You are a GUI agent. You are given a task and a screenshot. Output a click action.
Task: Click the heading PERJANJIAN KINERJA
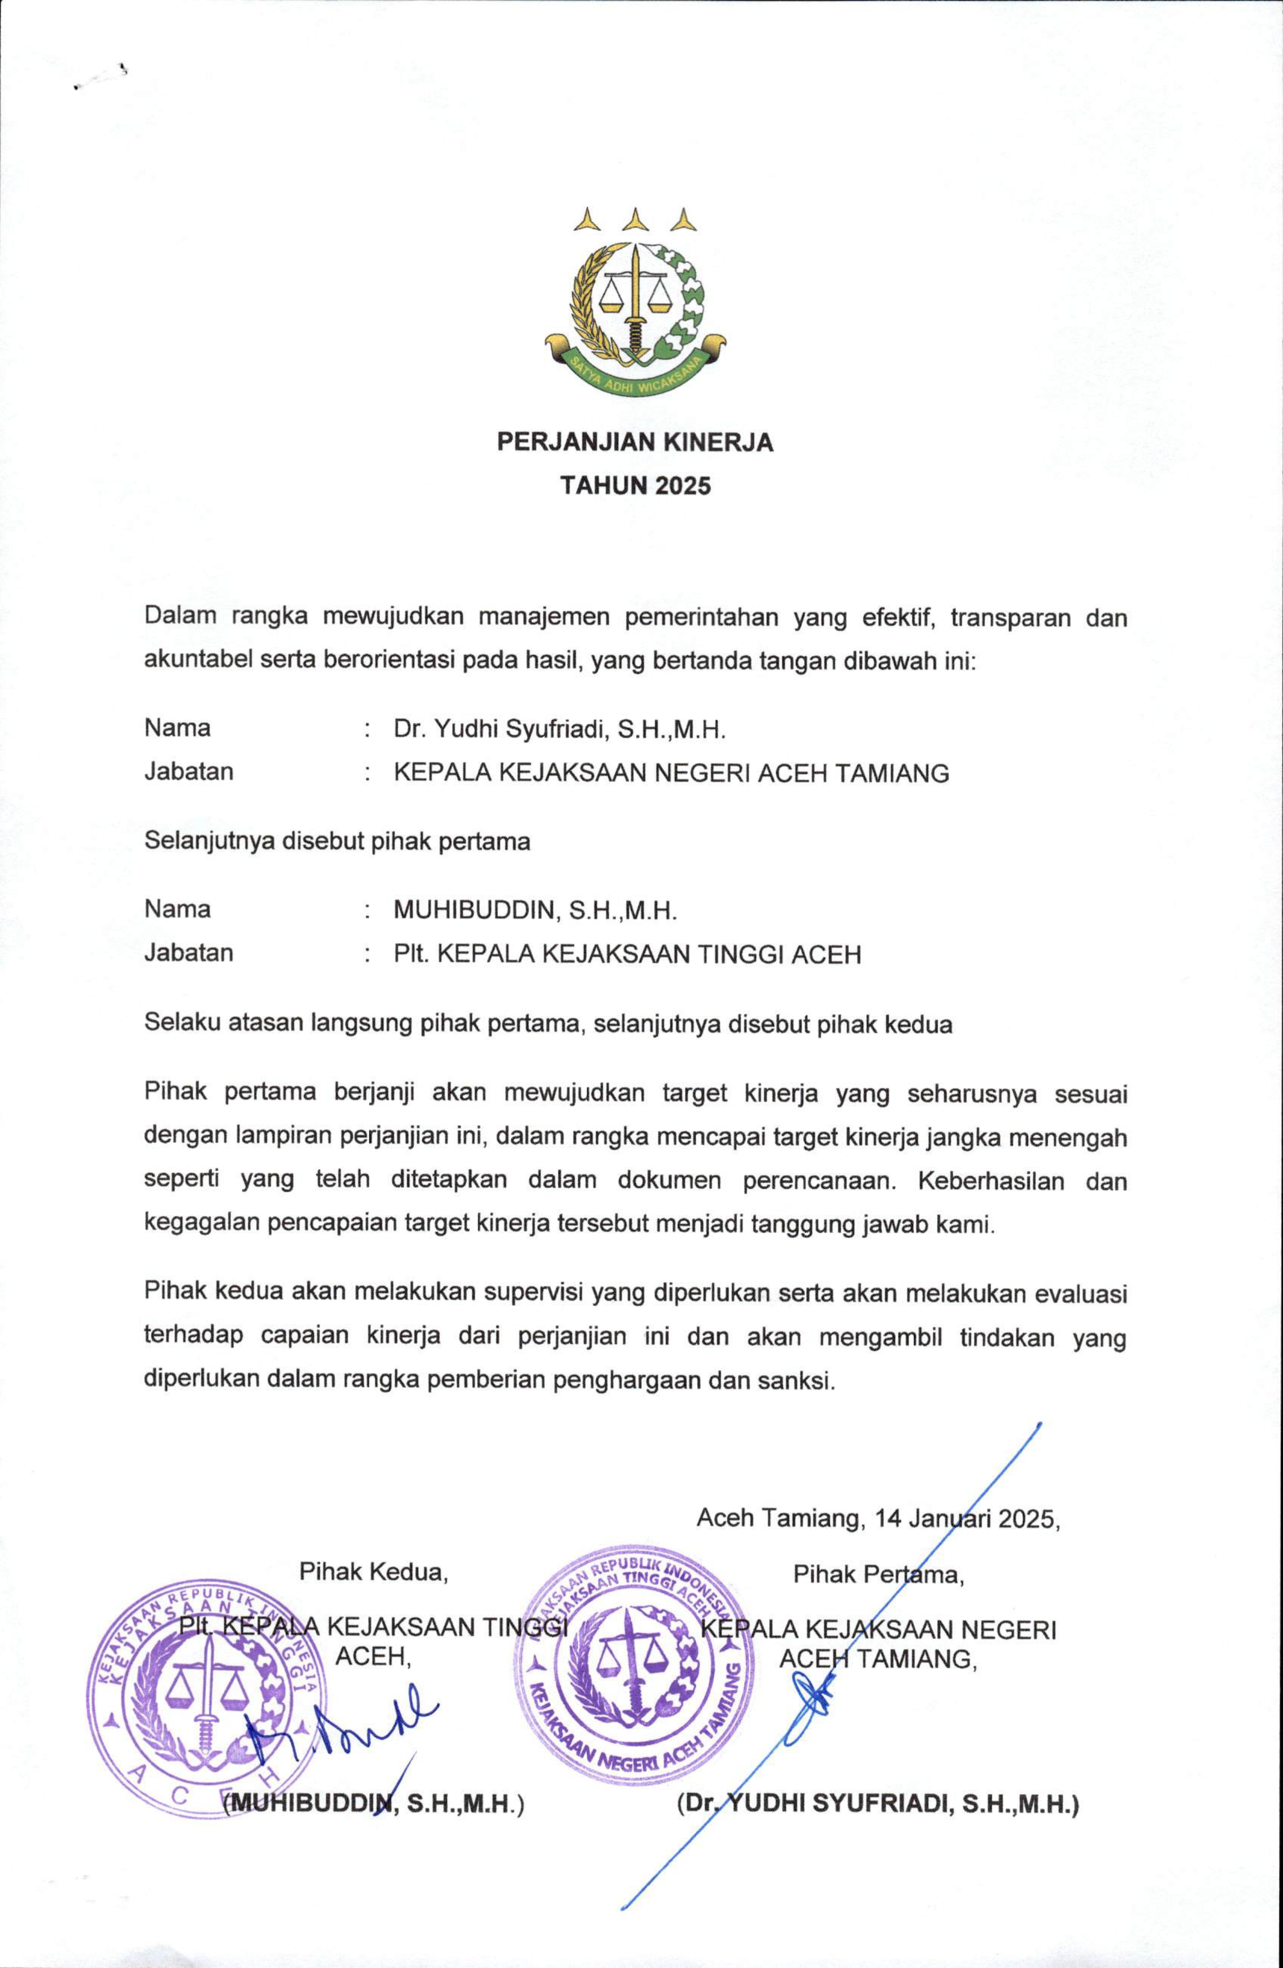tap(635, 443)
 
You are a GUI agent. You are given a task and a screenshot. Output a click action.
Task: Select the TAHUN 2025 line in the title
tap(635, 485)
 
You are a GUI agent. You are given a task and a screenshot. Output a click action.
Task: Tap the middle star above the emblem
tap(635, 219)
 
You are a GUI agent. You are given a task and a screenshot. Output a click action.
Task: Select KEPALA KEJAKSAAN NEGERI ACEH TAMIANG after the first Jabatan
tap(670, 773)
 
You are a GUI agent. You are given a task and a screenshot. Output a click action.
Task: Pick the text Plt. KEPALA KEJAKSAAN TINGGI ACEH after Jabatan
tap(627, 954)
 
